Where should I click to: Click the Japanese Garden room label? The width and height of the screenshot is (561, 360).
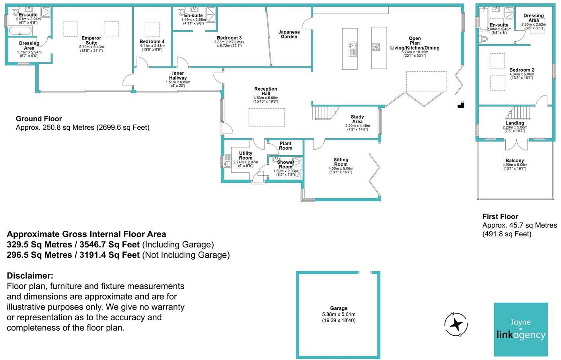(x=289, y=34)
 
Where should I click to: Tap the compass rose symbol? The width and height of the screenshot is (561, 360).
(x=456, y=324)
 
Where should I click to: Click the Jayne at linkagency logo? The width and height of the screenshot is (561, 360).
(x=521, y=329)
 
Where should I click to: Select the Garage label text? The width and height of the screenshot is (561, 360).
(x=339, y=308)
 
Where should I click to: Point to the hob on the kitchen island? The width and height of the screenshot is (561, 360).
(x=376, y=47)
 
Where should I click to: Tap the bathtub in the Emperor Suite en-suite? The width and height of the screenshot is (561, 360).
(x=21, y=31)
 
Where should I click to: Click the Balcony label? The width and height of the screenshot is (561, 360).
(x=515, y=160)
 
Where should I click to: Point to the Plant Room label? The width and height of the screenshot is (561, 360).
(x=286, y=146)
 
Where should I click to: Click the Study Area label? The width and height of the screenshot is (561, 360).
(x=357, y=119)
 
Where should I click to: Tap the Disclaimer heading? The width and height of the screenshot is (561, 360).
(x=30, y=276)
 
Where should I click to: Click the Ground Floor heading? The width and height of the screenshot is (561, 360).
(x=39, y=119)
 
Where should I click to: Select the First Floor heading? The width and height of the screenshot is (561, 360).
(x=500, y=216)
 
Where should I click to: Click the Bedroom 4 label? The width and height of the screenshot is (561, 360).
(x=152, y=41)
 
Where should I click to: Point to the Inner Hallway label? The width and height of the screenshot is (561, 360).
(x=178, y=76)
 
